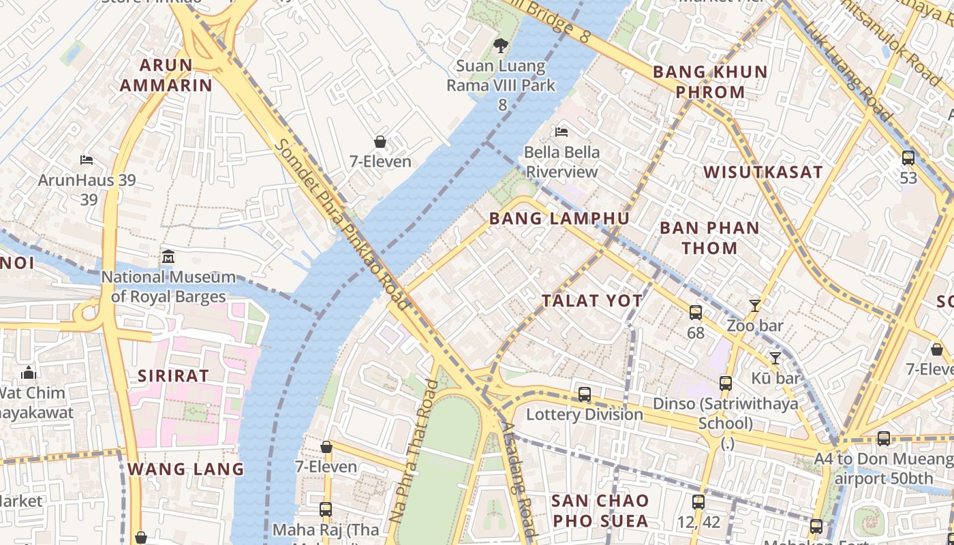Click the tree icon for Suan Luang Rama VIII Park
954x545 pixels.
coord(501,46)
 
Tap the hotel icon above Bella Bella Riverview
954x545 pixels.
coord(561,131)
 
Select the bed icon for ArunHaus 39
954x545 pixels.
coord(87,160)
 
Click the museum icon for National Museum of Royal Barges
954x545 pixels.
coord(168,258)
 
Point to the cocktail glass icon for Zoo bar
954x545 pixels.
coord(754,305)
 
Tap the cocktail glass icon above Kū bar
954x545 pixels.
coord(775,358)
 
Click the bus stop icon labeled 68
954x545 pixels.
coord(695,313)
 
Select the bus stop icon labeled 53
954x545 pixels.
coord(908,158)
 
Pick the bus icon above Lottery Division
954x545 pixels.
coord(584,394)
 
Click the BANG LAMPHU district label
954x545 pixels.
coord(559,219)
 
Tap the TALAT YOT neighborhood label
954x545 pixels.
coord(592,300)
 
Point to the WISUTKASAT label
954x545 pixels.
coord(763,172)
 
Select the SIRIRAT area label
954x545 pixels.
coord(173,375)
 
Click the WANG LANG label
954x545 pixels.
coord(185,469)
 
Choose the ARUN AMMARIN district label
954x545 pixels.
coord(166,75)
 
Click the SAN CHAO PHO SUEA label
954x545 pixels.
coord(600,511)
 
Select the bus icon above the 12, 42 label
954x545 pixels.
coord(698,502)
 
